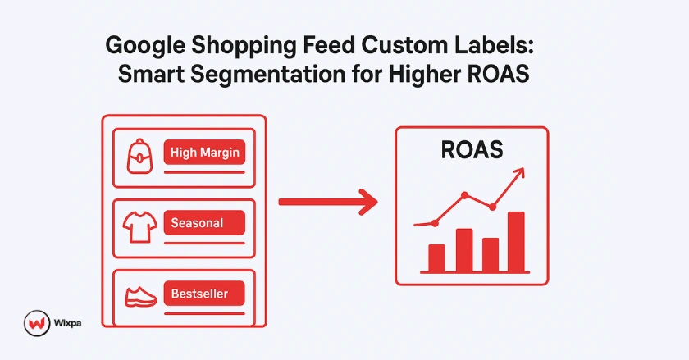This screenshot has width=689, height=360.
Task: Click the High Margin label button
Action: click(205, 153)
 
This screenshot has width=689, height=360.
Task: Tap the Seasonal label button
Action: click(205, 222)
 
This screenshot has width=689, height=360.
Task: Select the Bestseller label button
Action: click(205, 293)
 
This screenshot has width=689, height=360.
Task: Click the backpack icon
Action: click(141, 155)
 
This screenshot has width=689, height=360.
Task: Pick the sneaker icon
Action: click(141, 295)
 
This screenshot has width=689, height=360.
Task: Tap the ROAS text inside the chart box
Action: click(471, 151)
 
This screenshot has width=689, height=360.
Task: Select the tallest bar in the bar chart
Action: click(516, 241)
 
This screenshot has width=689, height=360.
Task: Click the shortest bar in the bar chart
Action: click(436, 257)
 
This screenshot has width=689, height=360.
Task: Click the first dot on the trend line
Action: click(436, 222)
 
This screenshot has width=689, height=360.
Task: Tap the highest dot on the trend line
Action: click(465, 195)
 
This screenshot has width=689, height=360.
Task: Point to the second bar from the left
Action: click(463, 249)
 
